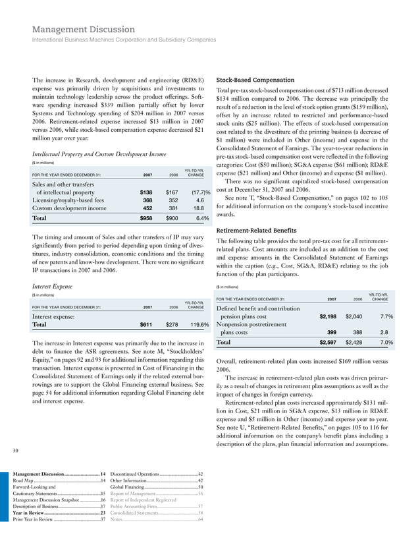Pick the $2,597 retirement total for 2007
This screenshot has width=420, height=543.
[328, 343]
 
